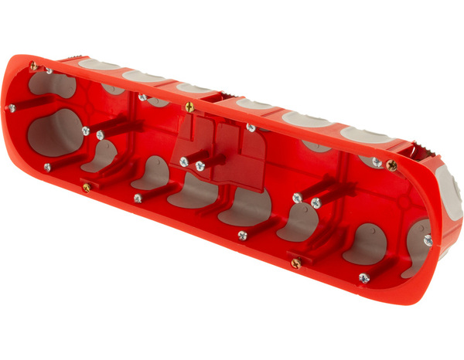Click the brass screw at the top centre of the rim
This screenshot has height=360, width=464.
[189, 107]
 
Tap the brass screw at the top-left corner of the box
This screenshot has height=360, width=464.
[34, 67]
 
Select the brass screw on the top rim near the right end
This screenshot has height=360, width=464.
[392, 165]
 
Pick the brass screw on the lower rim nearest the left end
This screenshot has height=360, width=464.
[87, 186]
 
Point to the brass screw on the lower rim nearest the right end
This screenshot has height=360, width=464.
[295, 263]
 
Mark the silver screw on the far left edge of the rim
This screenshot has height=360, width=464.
[12, 108]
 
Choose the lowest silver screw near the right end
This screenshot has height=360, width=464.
[363, 277]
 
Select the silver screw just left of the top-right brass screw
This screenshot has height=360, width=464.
[377, 161]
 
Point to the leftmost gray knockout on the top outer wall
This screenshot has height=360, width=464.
[98, 64]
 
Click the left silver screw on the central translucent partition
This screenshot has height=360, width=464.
[184, 162]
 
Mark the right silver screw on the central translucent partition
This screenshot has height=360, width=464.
[200, 166]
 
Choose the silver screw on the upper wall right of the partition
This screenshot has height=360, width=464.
[251, 127]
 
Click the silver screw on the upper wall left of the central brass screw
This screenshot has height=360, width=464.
[143, 98]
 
